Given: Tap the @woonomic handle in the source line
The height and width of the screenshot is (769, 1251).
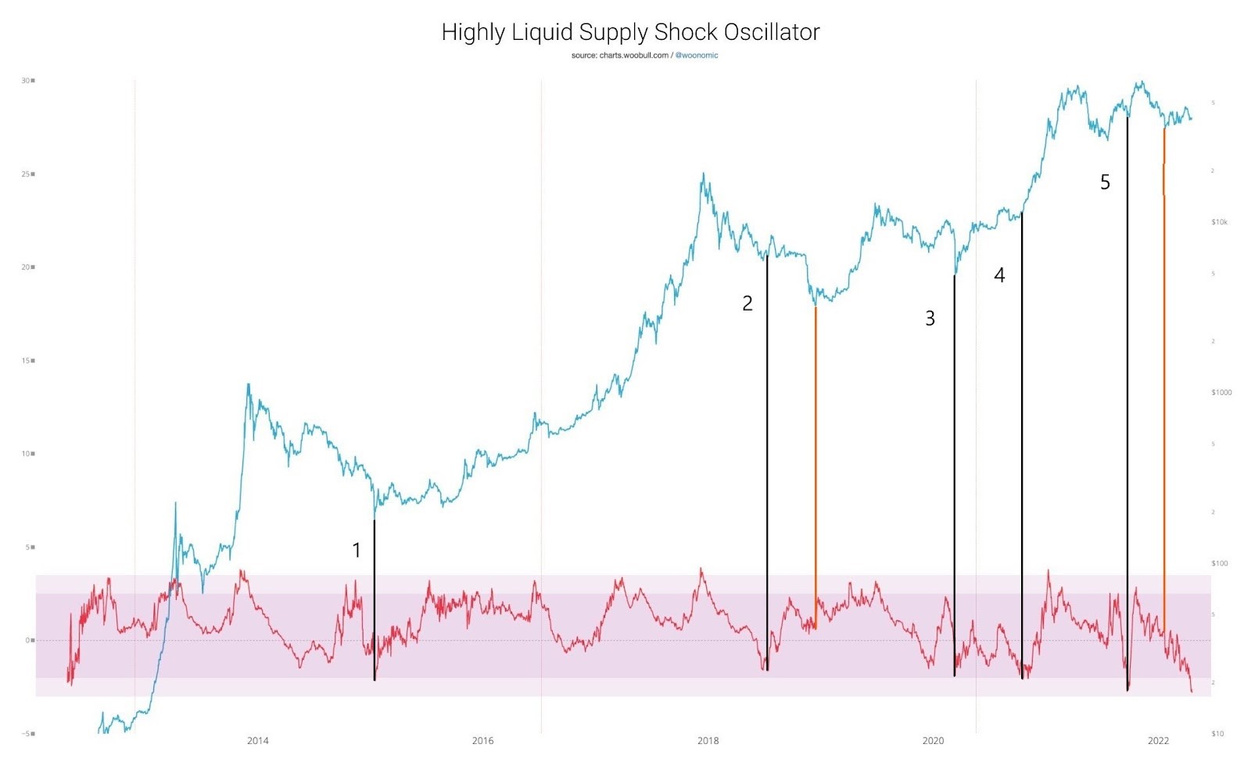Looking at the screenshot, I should tap(697, 56).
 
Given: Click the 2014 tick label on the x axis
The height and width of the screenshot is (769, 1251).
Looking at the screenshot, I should tap(258, 741).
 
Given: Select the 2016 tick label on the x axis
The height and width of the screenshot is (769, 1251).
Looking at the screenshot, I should tap(483, 741).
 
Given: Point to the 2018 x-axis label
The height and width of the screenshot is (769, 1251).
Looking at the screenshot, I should tap(708, 741).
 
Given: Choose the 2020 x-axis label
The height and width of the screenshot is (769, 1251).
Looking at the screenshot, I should tap(933, 741).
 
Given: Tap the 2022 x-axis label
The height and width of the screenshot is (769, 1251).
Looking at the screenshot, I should tap(1158, 741).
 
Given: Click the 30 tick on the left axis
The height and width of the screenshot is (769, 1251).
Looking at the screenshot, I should tap(26, 81).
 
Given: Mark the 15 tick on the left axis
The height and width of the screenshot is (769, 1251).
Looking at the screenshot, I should tap(26, 361).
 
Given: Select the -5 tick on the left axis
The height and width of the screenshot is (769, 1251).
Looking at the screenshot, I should tap(25, 734).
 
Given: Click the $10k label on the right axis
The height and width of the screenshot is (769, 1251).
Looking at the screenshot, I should tap(1219, 222).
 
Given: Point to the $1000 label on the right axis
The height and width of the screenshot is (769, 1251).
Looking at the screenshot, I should tap(1221, 393).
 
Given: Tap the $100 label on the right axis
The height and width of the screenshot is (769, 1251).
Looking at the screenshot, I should tap(1219, 563).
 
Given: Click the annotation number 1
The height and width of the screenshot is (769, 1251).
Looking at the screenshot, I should tap(357, 551).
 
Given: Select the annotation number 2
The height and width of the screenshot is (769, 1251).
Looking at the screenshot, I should tap(747, 304).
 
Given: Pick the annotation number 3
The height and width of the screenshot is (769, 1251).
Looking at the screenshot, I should tap(930, 318).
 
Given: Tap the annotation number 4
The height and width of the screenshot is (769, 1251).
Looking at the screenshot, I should tap(999, 275).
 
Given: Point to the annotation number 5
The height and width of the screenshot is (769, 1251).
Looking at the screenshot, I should tap(1105, 182).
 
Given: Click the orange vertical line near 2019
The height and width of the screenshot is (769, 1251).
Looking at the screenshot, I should tap(815, 469).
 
